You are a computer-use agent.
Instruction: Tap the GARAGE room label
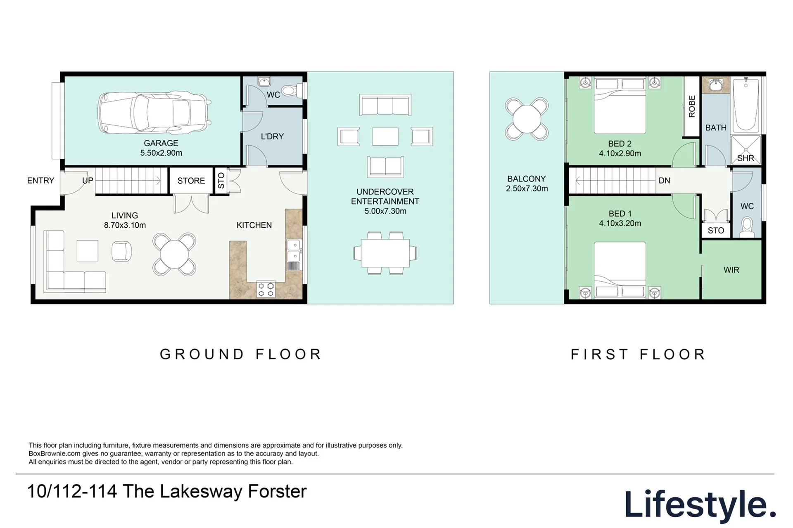click(161, 143)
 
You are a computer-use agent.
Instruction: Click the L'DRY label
click(272, 137)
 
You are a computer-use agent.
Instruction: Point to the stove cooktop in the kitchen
click(266, 289)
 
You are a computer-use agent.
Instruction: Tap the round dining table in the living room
click(174, 255)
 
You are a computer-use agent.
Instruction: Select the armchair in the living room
click(122, 251)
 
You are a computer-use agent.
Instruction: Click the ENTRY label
click(40, 181)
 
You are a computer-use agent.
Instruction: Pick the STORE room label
click(191, 181)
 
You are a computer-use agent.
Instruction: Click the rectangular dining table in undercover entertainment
click(385, 253)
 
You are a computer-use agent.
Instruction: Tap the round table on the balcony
click(527, 120)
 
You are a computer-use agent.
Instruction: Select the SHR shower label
click(746, 158)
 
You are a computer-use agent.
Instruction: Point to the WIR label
click(731, 270)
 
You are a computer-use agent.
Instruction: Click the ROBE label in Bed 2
click(692, 106)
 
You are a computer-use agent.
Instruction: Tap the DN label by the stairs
click(664, 180)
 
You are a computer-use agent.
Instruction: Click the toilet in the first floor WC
click(747, 227)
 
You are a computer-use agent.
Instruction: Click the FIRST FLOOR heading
click(638, 354)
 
